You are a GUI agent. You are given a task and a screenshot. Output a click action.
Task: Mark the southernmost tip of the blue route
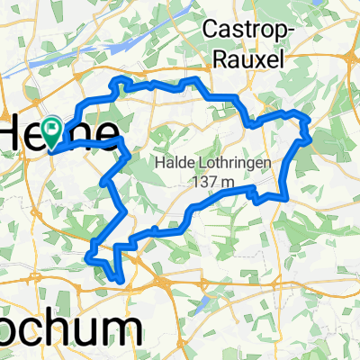pyautogui.click(x=119, y=280)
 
